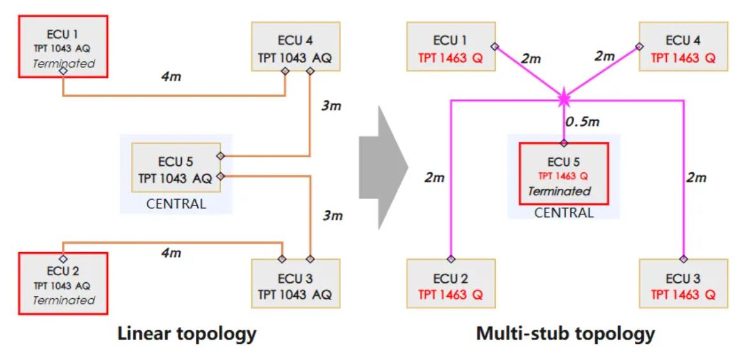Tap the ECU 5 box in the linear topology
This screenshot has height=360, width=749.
176,167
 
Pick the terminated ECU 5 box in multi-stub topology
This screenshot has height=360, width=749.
563,173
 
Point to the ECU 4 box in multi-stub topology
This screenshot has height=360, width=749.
683,49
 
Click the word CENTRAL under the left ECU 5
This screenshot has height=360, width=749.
176,204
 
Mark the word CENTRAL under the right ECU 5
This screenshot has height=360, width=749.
563,213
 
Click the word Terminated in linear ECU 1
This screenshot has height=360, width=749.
63,63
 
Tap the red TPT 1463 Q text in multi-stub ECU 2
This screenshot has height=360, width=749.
450,295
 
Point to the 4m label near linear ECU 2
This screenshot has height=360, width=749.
171,253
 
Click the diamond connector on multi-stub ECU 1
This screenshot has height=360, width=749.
494,46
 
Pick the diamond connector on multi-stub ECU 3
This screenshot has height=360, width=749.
683,259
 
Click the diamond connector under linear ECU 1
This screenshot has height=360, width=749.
63,71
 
